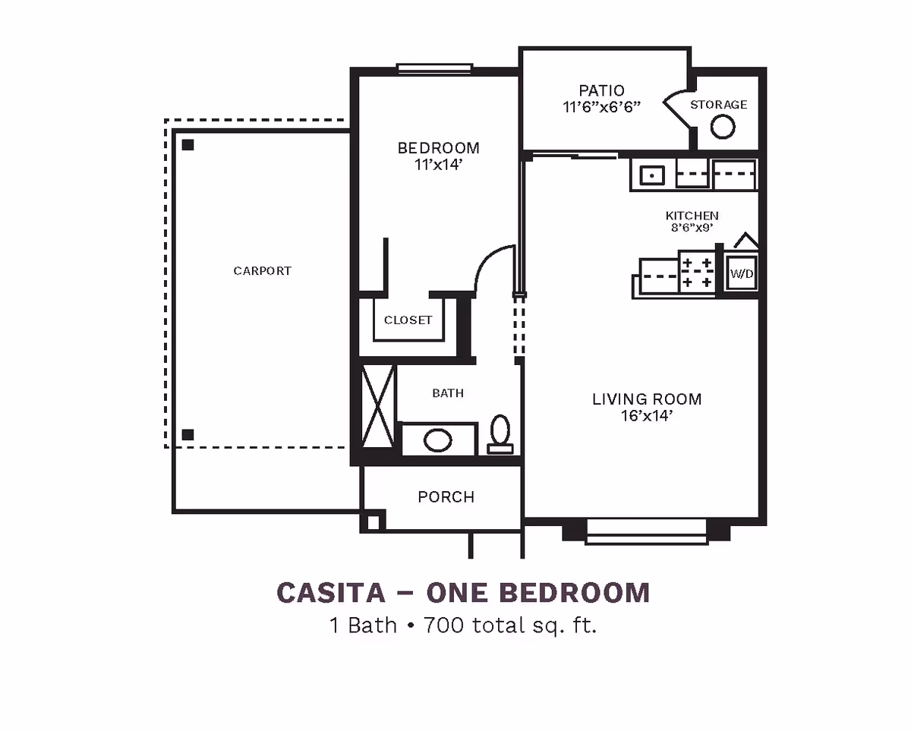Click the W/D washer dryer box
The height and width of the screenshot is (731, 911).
pyautogui.click(x=742, y=273)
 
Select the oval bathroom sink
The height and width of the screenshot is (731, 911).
pyautogui.click(x=437, y=440)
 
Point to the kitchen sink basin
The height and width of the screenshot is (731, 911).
pyautogui.click(x=651, y=175)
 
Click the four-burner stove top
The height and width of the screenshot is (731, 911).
pyautogui.click(x=697, y=273)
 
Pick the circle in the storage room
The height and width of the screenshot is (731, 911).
pyautogui.click(x=723, y=127)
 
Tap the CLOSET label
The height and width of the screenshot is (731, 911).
pyautogui.click(x=408, y=320)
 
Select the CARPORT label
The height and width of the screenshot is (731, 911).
pyautogui.click(x=262, y=271)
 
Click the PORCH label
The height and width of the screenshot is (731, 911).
pyautogui.click(x=446, y=497)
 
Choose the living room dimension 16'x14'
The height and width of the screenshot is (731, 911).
pyautogui.click(x=647, y=416)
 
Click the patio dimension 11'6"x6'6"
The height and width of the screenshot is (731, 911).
pyautogui.click(x=602, y=107)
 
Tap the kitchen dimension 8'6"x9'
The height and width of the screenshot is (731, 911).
pyautogui.click(x=692, y=228)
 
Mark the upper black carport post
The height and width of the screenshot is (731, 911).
pyautogui.click(x=188, y=144)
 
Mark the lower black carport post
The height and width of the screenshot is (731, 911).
pyautogui.click(x=188, y=435)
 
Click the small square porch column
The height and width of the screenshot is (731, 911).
pyautogui.click(x=372, y=522)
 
